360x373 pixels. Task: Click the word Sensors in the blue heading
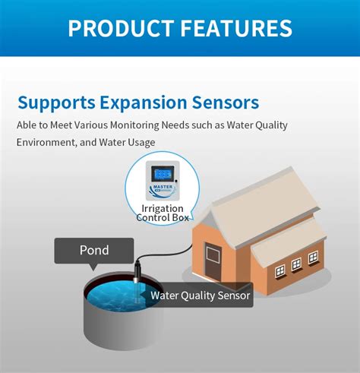coord(226,103)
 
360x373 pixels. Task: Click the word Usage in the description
coord(141,142)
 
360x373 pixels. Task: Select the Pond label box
coord(93,250)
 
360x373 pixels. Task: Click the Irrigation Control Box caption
coord(162,213)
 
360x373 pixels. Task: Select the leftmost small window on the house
coord(279,270)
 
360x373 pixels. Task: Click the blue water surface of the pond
coord(114,296)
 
